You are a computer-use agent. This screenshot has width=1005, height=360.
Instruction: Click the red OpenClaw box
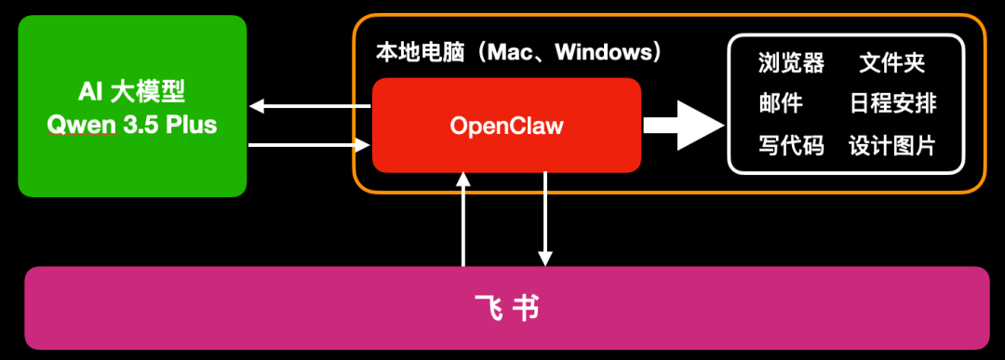point(506,125)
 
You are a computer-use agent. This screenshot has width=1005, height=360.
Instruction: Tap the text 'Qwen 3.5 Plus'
point(132,125)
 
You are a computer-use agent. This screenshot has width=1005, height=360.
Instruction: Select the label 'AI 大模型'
point(132,92)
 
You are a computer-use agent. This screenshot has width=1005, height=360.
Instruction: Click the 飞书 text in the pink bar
point(506,308)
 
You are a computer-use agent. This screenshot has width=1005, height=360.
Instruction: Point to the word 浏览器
point(791,63)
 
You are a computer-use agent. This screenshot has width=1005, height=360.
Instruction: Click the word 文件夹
point(892,63)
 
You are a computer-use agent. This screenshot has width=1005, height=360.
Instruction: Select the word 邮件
point(780,103)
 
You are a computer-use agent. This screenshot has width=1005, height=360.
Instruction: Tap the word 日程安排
point(892,103)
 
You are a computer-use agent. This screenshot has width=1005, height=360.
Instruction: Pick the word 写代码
point(791,145)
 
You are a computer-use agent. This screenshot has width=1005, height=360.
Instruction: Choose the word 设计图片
point(892,145)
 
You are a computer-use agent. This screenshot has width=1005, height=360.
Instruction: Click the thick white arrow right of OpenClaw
point(684,125)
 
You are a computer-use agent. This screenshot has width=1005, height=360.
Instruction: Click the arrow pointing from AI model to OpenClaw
point(310,144)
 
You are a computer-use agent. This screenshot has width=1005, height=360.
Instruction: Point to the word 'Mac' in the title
point(515,52)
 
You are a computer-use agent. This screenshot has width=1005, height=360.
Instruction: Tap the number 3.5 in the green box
point(144,125)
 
